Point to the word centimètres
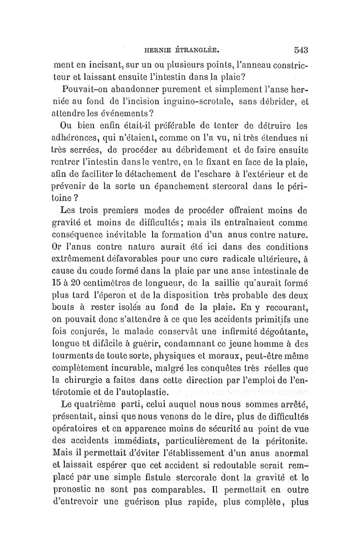tap(98, 284)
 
